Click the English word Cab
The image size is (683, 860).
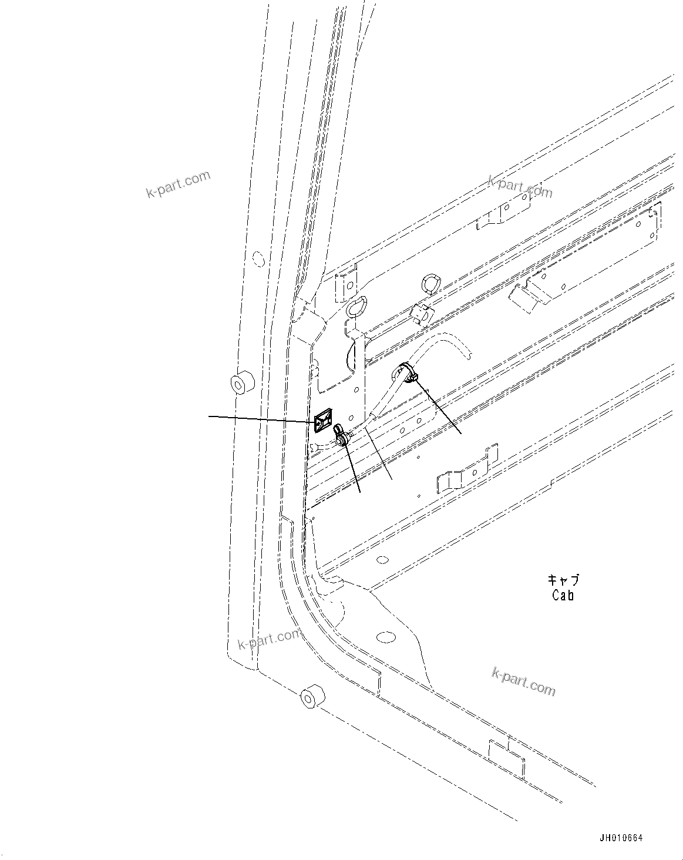(x=563, y=595)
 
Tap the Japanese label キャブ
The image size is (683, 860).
(x=563, y=580)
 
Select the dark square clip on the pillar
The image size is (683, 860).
(x=324, y=421)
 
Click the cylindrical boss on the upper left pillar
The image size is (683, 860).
(x=239, y=384)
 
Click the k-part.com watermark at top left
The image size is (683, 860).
(x=177, y=184)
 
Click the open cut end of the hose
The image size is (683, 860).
(x=468, y=354)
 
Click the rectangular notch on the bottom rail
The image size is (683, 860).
(x=506, y=757)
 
